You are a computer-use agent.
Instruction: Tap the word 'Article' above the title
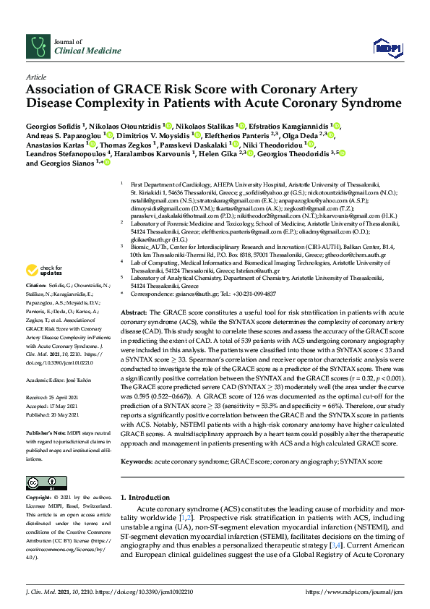click(x=36, y=77)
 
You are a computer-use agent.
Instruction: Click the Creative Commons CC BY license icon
click(x=41, y=482)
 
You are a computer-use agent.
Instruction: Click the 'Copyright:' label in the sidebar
click(x=40, y=498)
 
